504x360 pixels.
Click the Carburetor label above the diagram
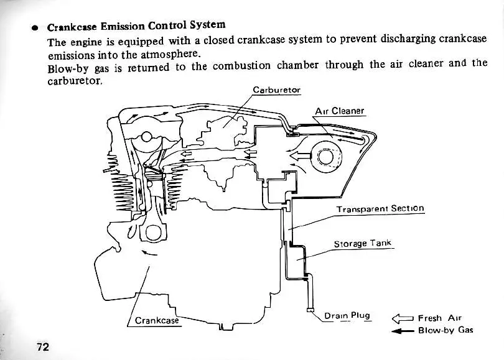click(276, 90)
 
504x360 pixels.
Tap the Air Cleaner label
click(339, 111)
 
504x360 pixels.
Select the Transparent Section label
click(380, 209)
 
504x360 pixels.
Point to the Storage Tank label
click(363, 243)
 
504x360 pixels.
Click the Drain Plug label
click(347, 315)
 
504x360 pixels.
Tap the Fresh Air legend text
click(439, 318)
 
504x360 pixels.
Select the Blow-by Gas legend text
click(446, 330)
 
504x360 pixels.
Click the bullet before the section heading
click(36, 29)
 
